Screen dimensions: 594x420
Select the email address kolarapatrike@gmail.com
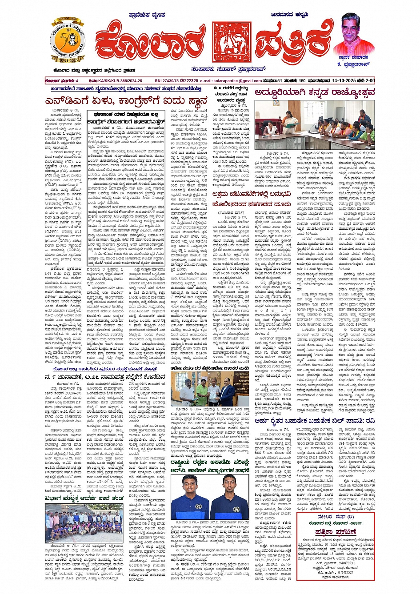pos(231,81)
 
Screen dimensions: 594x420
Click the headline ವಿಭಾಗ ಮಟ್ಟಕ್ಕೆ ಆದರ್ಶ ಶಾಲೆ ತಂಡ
pos(84,498)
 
